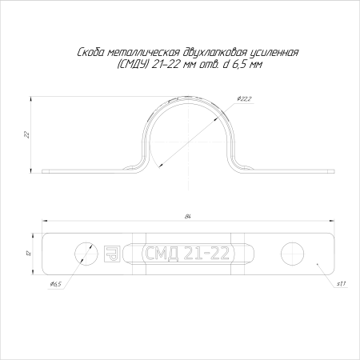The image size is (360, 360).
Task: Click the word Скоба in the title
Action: pyautogui.click(x=90, y=53)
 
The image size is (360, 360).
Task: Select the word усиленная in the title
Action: pyautogui.click(x=274, y=53)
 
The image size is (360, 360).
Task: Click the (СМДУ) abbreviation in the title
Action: pyautogui.click(x=133, y=65)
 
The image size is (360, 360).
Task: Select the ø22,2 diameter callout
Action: pyautogui.click(x=244, y=99)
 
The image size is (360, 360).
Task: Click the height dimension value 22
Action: pyautogui.click(x=26, y=134)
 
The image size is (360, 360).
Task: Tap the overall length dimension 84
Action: pyautogui.click(x=188, y=217)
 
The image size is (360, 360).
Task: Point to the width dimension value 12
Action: pyautogui.click(x=29, y=253)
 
